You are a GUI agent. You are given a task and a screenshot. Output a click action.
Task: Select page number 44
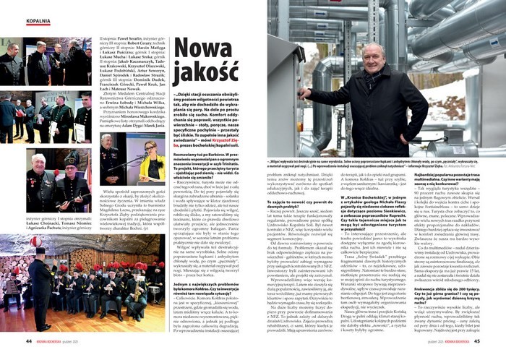pos(29,341)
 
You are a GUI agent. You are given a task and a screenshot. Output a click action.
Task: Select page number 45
pos(477,341)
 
